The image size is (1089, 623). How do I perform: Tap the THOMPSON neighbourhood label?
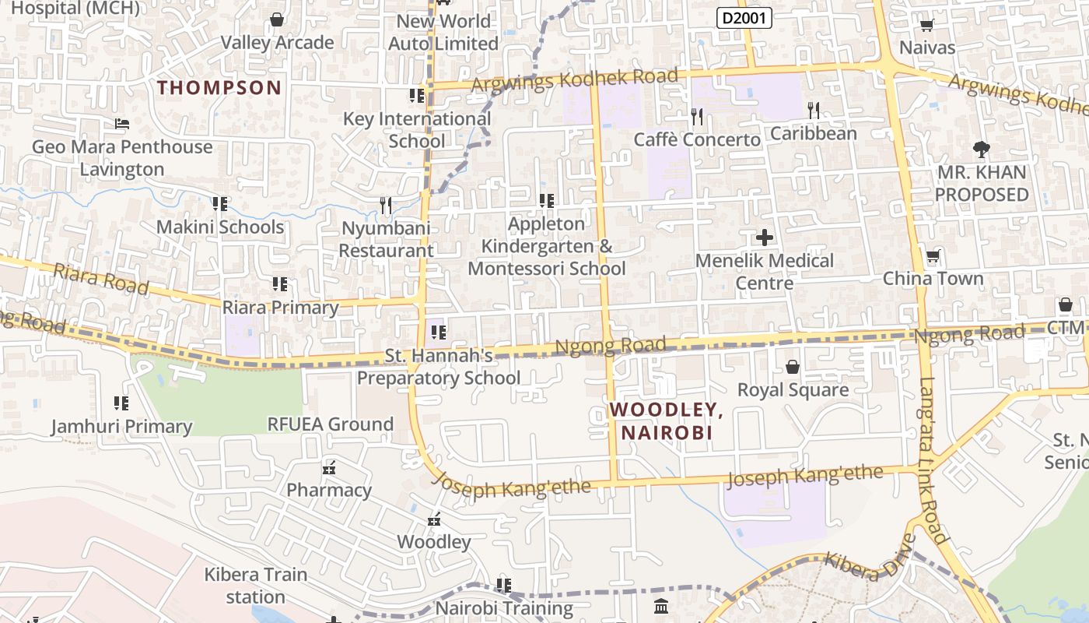coord(219,87)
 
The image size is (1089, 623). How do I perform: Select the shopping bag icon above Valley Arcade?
coord(276,19)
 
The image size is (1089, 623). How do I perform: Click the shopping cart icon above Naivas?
coord(926,25)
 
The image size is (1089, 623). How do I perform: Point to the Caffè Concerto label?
coord(697,140)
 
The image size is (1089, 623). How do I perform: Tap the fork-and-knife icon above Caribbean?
coord(814,111)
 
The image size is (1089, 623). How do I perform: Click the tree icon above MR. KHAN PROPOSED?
coord(982,149)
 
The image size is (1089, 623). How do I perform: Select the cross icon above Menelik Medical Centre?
coord(765,237)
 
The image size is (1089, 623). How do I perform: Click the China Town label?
coord(933,279)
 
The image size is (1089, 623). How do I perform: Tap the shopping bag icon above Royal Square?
coord(793,366)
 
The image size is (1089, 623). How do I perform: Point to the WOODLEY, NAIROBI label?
coord(666,421)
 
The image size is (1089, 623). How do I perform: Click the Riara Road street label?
coord(101,279)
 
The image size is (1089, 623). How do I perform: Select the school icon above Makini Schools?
coord(220,204)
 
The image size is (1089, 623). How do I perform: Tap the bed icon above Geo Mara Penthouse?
coord(121,124)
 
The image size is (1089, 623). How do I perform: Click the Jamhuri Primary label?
coord(121,427)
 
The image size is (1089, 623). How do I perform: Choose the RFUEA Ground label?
coord(331,424)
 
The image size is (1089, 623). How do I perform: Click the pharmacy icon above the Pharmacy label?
coord(329,468)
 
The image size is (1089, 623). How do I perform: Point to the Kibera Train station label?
coord(256,586)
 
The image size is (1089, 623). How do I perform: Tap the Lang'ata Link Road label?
coord(933,459)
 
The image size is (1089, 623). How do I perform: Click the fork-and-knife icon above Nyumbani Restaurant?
coord(386,206)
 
